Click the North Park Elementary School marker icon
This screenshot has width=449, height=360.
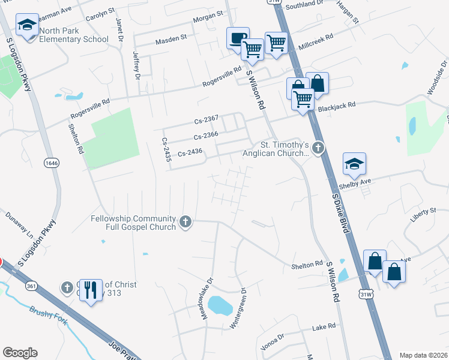pyautogui.click(x=27, y=25)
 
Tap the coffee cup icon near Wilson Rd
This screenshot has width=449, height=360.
pyautogui.click(x=237, y=37)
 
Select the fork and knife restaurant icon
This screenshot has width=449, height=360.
pyautogui.click(x=89, y=290)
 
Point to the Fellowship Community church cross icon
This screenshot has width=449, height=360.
pyautogui.click(x=186, y=222)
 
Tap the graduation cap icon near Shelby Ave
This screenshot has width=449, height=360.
pyautogui.click(x=354, y=163)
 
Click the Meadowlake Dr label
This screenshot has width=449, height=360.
pyautogui.click(x=208, y=298)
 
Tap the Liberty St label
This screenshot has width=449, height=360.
pyautogui.click(x=424, y=212)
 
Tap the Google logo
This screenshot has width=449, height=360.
pyautogui.click(x=20, y=353)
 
